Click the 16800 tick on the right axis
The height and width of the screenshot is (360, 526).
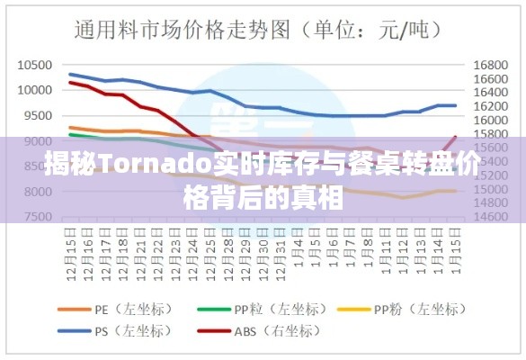pyautogui.click(x=488, y=65)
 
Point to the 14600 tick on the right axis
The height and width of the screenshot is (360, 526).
pyautogui.click(x=488, y=217)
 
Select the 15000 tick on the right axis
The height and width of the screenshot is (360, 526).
pyautogui.click(x=488, y=190)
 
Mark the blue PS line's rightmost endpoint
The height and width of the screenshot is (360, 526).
pyautogui.click(x=456, y=105)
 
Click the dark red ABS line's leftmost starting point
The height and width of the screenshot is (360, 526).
pyautogui.click(x=70, y=82)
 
